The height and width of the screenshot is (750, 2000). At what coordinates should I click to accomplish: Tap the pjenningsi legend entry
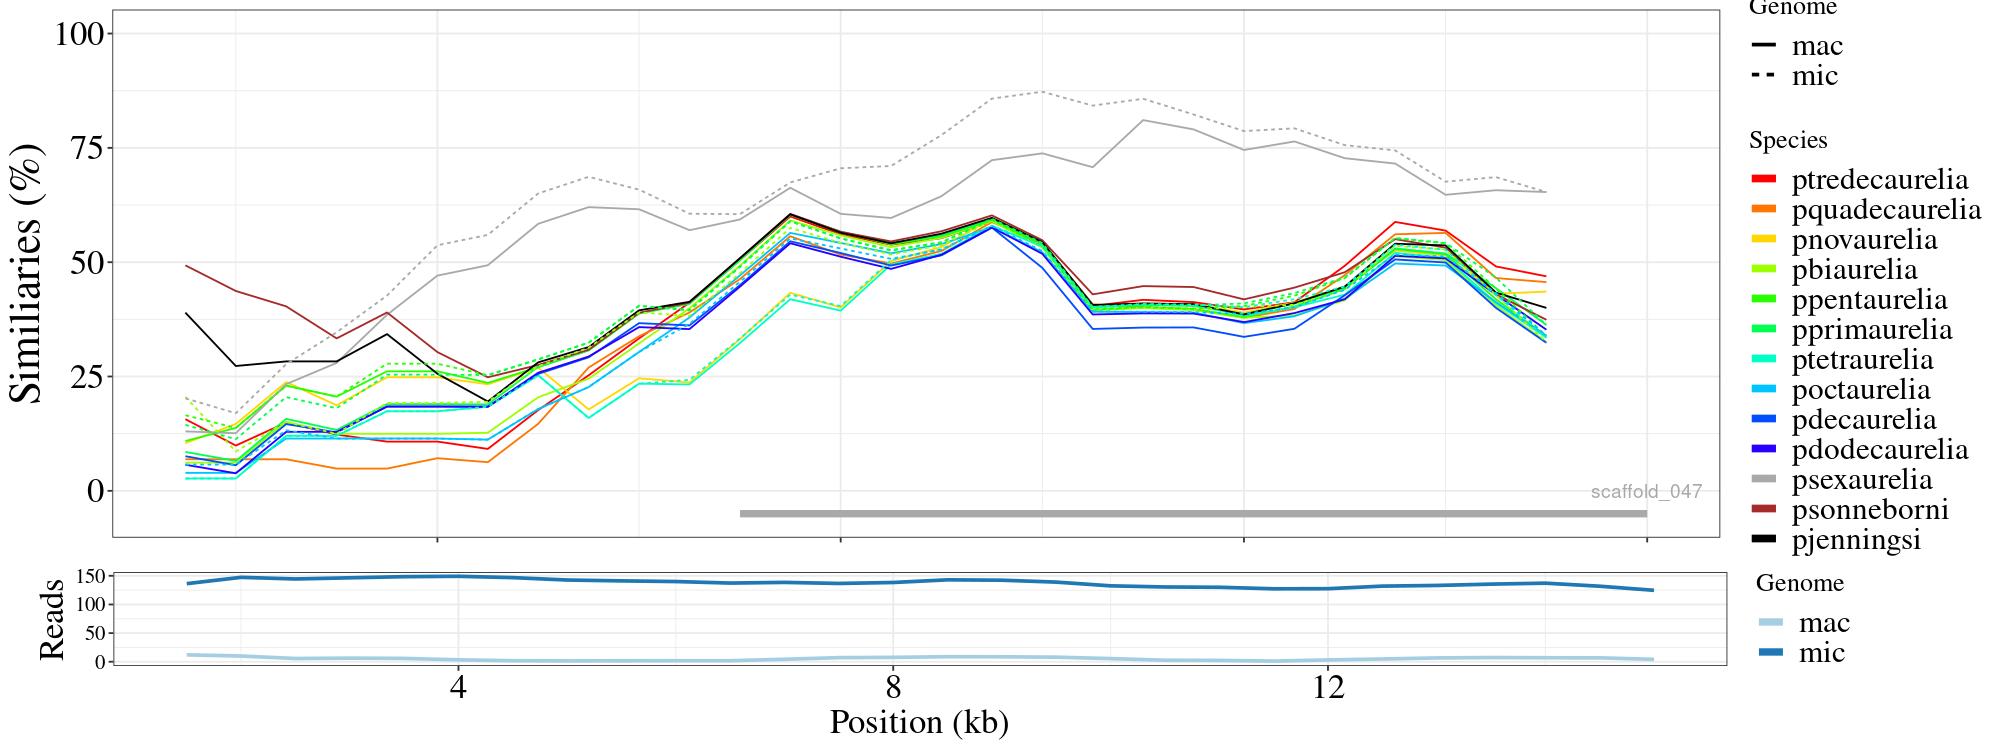click(1856, 540)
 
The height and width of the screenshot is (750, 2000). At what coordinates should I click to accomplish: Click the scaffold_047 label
click(1646, 491)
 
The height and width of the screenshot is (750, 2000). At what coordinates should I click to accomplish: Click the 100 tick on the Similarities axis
click(79, 34)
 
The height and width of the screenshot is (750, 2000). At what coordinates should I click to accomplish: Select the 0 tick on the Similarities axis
click(96, 491)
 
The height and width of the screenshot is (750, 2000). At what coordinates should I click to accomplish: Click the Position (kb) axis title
click(918, 722)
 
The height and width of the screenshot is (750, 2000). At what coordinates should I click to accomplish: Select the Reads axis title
click(51, 619)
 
